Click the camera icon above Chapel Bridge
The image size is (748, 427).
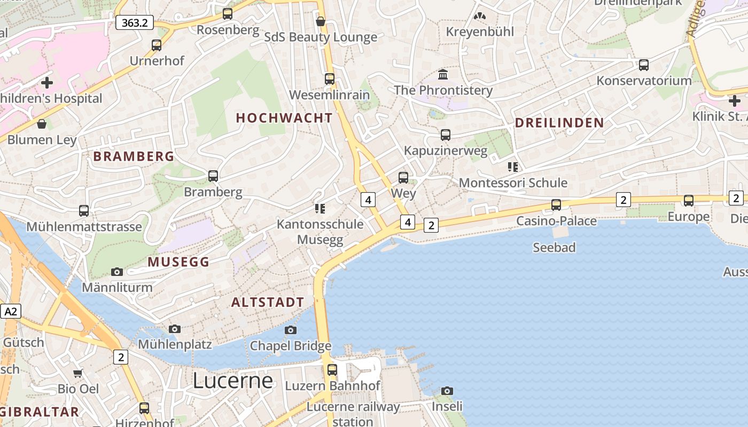click(x=291, y=330)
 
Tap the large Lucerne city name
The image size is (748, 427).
click(x=232, y=381)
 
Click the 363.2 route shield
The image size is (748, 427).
click(x=135, y=22)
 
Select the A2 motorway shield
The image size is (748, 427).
click(x=10, y=311)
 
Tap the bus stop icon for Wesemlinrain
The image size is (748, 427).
click(x=330, y=79)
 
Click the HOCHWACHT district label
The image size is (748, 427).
click(x=284, y=118)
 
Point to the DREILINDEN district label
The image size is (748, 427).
click(x=559, y=123)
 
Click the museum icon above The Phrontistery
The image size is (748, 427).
click(x=443, y=74)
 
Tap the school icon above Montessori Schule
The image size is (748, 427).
click(x=513, y=167)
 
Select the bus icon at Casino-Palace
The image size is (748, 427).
click(x=556, y=205)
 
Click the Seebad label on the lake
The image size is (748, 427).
click(x=554, y=247)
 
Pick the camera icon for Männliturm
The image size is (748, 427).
click(x=117, y=272)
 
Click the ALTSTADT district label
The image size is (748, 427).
click(x=267, y=302)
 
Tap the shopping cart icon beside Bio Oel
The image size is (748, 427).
click(x=78, y=373)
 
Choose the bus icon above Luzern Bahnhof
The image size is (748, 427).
click(x=332, y=369)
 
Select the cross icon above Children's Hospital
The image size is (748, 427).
click(x=47, y=83)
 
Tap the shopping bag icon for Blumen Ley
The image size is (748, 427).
click(x=42, y=124)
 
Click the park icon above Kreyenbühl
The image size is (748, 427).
click(x=480, y=17)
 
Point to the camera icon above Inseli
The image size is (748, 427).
click(x=447, y=391)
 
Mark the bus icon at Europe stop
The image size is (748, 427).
click(x=689, y=201)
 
